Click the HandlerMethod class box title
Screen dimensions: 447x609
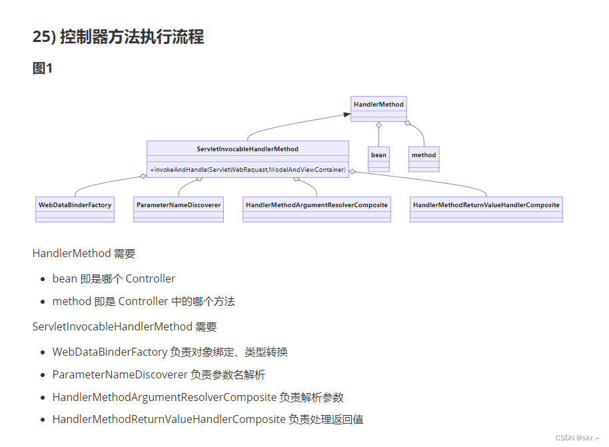[378, 104]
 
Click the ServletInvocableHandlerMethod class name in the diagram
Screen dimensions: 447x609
[247, 149]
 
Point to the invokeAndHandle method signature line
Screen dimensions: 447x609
[247, 169]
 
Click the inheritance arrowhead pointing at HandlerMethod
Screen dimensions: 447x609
[346, 115]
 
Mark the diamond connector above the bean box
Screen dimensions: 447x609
[378, 125]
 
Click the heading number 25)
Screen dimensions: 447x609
[44, 37]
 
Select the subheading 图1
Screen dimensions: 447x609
[43, 68]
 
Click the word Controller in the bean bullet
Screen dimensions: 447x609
[151, 278]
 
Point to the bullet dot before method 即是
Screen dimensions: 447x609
[44, 302]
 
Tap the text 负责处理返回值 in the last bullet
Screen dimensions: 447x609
[326, 419]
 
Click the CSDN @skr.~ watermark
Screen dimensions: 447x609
[578, 438]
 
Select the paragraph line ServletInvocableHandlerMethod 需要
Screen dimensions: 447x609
[125, 326]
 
